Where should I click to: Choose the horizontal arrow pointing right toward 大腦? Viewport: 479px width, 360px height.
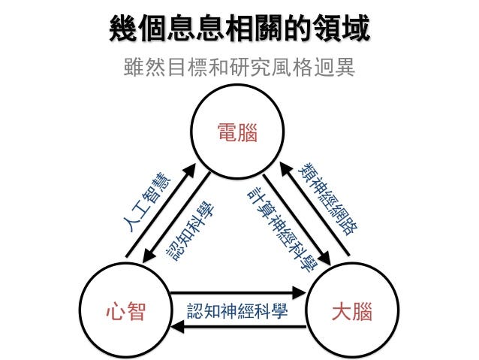pyautogui.click(x=239, y=293)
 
